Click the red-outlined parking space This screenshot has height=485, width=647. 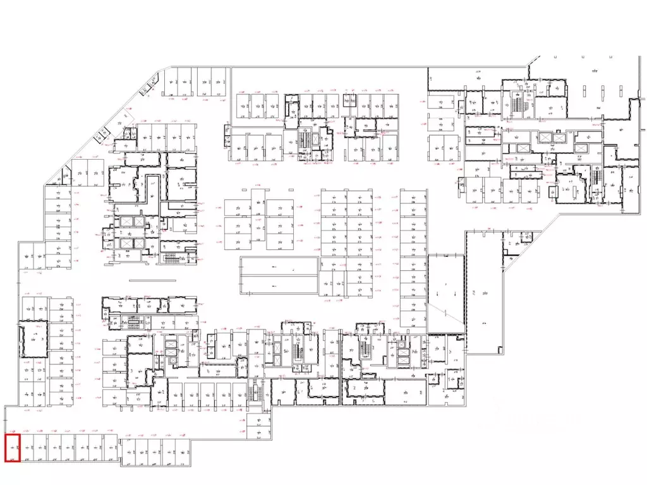[x=13, y=448]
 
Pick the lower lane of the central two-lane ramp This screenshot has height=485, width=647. [x=279, y=285]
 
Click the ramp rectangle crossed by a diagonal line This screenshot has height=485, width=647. [x=446, y=294]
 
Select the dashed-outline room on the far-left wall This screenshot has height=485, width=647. [x=33, y=340]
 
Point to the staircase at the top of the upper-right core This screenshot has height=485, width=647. [x=519, y=103]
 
